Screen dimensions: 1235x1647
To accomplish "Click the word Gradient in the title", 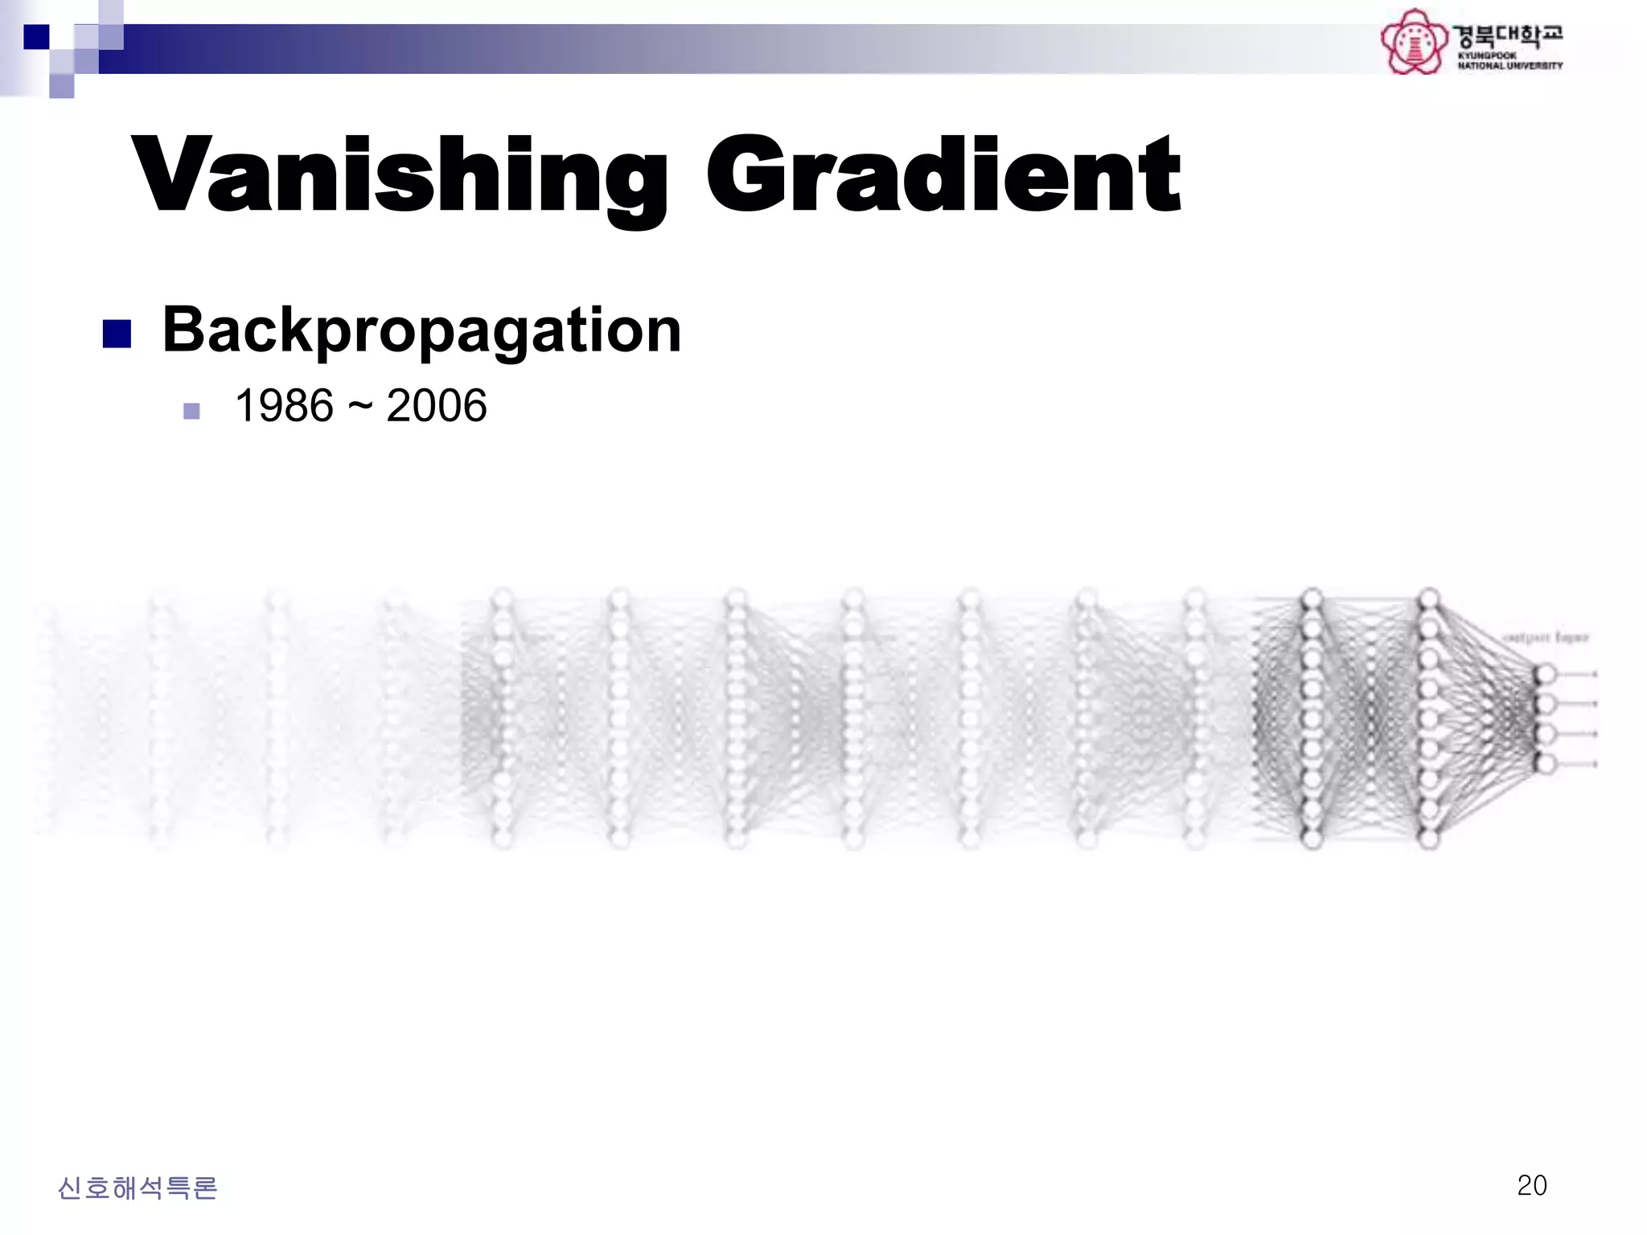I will coord(943,175).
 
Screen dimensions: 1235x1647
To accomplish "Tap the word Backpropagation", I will coord(421,330).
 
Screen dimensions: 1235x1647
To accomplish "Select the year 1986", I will coord(284,405).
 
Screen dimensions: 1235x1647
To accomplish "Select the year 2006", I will coord(437,405).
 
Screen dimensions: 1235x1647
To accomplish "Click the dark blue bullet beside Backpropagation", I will coord(117,334).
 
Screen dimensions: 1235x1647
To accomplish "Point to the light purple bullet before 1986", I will coord(191,412).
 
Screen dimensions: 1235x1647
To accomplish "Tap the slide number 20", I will coord(1531,1185).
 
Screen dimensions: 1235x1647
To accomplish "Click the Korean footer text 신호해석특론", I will coord(138,1188).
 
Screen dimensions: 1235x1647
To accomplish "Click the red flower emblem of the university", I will coord(1413,42).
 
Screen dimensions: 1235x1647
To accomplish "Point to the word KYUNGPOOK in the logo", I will coord(1487,55).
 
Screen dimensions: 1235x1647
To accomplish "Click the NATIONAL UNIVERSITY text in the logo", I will coord(1510,66).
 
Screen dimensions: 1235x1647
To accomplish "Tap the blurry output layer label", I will coord(1546,638).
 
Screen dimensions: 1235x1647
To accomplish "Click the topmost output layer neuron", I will coord(1545,674).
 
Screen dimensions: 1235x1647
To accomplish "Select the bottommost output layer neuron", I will coord(1545,763).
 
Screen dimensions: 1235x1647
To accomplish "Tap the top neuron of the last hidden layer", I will coord(1429,600).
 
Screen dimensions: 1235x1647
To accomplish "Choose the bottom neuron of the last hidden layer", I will coord(1429,839).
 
